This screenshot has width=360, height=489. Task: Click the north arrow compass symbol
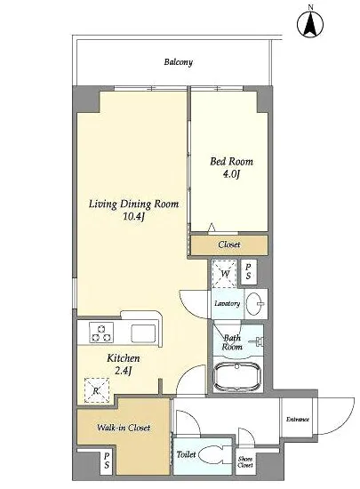310,24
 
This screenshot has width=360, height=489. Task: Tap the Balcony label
179,62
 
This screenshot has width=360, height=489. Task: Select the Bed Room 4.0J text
231,167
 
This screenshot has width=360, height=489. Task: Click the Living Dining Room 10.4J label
133,210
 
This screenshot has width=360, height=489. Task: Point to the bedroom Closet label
229,244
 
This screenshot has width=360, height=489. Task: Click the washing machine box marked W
225,274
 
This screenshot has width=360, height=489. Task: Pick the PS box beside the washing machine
248,272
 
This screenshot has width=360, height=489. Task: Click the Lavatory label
228,303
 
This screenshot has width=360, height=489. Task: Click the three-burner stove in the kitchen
101,333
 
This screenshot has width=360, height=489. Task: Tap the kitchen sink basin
143,333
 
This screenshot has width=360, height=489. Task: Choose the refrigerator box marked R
97,390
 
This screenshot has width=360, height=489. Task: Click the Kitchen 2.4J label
124,365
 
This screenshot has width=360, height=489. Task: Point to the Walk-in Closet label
124,428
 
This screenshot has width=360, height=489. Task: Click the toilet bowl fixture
211,455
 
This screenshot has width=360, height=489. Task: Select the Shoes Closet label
245,462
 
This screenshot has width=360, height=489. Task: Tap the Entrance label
298,420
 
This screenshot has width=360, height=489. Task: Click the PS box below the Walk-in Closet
107,461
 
